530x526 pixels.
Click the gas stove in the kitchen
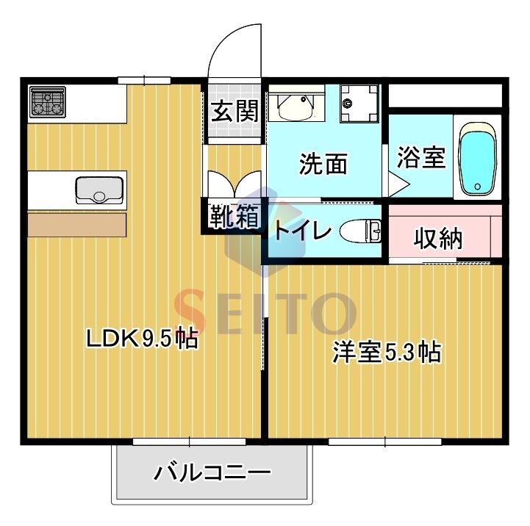pyautogui.click(x=48, y=102)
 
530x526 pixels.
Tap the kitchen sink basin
pyautogui.click(x=100, y=190)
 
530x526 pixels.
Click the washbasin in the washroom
pyautogui.click(x=297, y=106)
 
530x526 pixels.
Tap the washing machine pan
pyautogui.click(x=359, y=104)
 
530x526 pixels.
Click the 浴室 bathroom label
pyautogui.click(x=421, y=157)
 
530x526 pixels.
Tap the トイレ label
pyautogui.click(x=302, y=231)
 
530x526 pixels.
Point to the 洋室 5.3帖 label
pyautogui.click(x=386, y=353)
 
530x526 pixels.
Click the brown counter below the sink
pyautogui.click(x=77, y=223)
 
